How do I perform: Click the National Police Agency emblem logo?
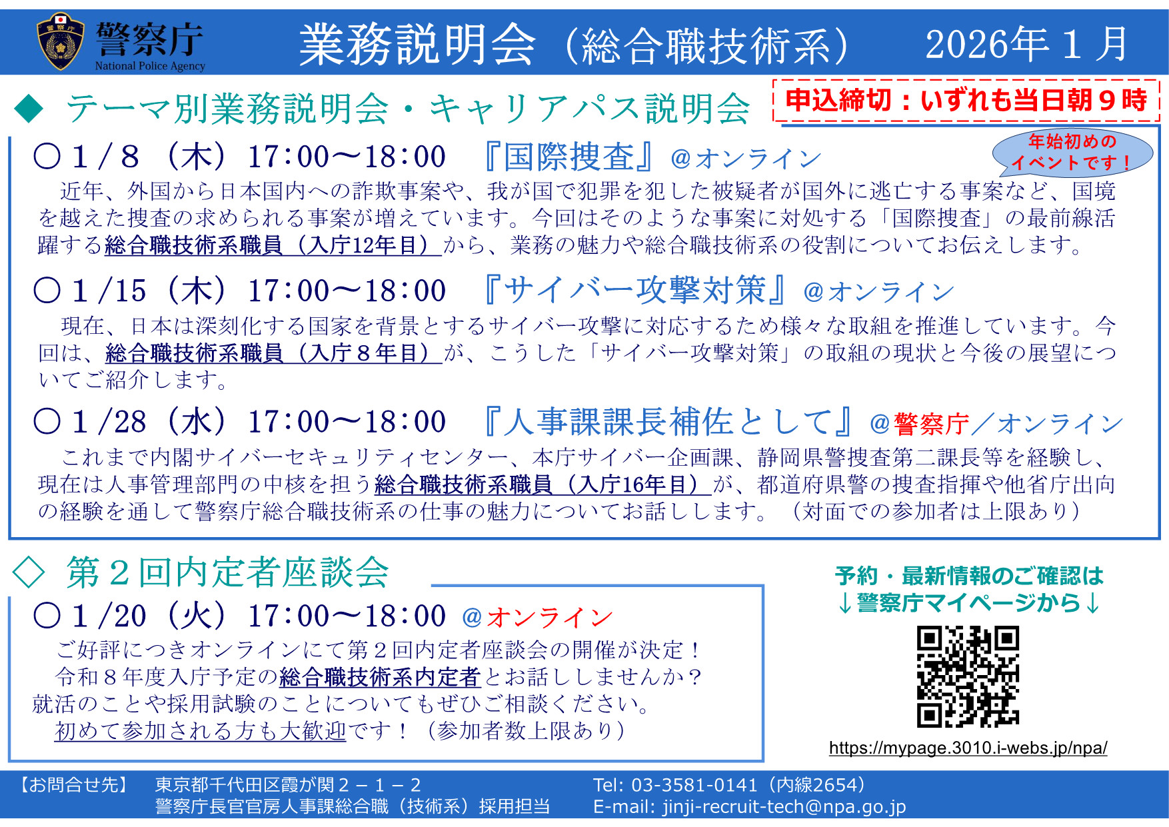pos(61,41)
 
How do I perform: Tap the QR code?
pos(968,676)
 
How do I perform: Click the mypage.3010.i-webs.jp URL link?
pos(968,748)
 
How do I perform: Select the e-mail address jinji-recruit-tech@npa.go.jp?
pos(784,806)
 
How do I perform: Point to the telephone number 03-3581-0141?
pos(694,785)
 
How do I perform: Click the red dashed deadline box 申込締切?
pos(966,101)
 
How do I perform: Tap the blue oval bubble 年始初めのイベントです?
pos(1072,153)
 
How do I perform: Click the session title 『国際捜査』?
pos(569,157)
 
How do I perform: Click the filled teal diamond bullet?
pos(29,108)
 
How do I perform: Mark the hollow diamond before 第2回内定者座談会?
pos(29,572)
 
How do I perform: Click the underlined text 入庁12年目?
pos(361,245)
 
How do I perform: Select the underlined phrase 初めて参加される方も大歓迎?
pos(201,731)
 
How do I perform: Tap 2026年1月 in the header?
pos(1026,44)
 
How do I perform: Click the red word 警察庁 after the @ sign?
pos(931,424)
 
